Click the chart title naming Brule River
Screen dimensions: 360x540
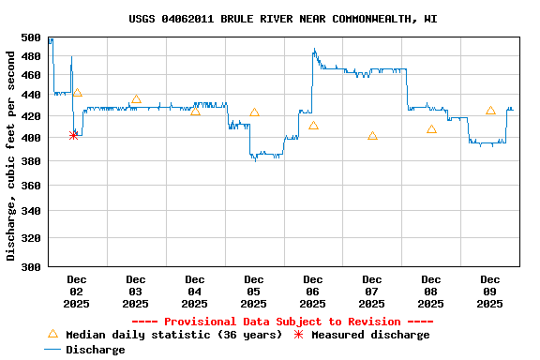pos(282,19)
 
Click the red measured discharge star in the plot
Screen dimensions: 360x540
pos(74,135)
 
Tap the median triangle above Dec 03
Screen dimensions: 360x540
pos(136,98)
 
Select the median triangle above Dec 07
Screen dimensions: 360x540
pos(372,136)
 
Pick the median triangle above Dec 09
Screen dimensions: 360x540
pos(490,111)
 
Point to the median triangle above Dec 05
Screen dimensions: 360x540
pos(254,112)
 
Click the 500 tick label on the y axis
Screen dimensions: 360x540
pos(31,37)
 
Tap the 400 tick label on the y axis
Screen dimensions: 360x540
pos(31,138)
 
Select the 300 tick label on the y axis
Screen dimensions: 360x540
pos(31,267)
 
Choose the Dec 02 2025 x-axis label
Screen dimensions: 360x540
pos(77,292)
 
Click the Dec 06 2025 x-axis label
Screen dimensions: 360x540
pos(313,292)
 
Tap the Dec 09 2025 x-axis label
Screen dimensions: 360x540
pos(490,292)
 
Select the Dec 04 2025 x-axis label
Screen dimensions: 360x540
pos(195,292)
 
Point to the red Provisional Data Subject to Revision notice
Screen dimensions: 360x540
pos(282,322)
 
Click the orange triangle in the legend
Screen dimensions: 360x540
pos(52,334)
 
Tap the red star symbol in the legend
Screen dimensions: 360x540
pos(299,335)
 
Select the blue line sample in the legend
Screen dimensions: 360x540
pos(52,350)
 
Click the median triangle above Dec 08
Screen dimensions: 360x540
pos(431,129)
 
